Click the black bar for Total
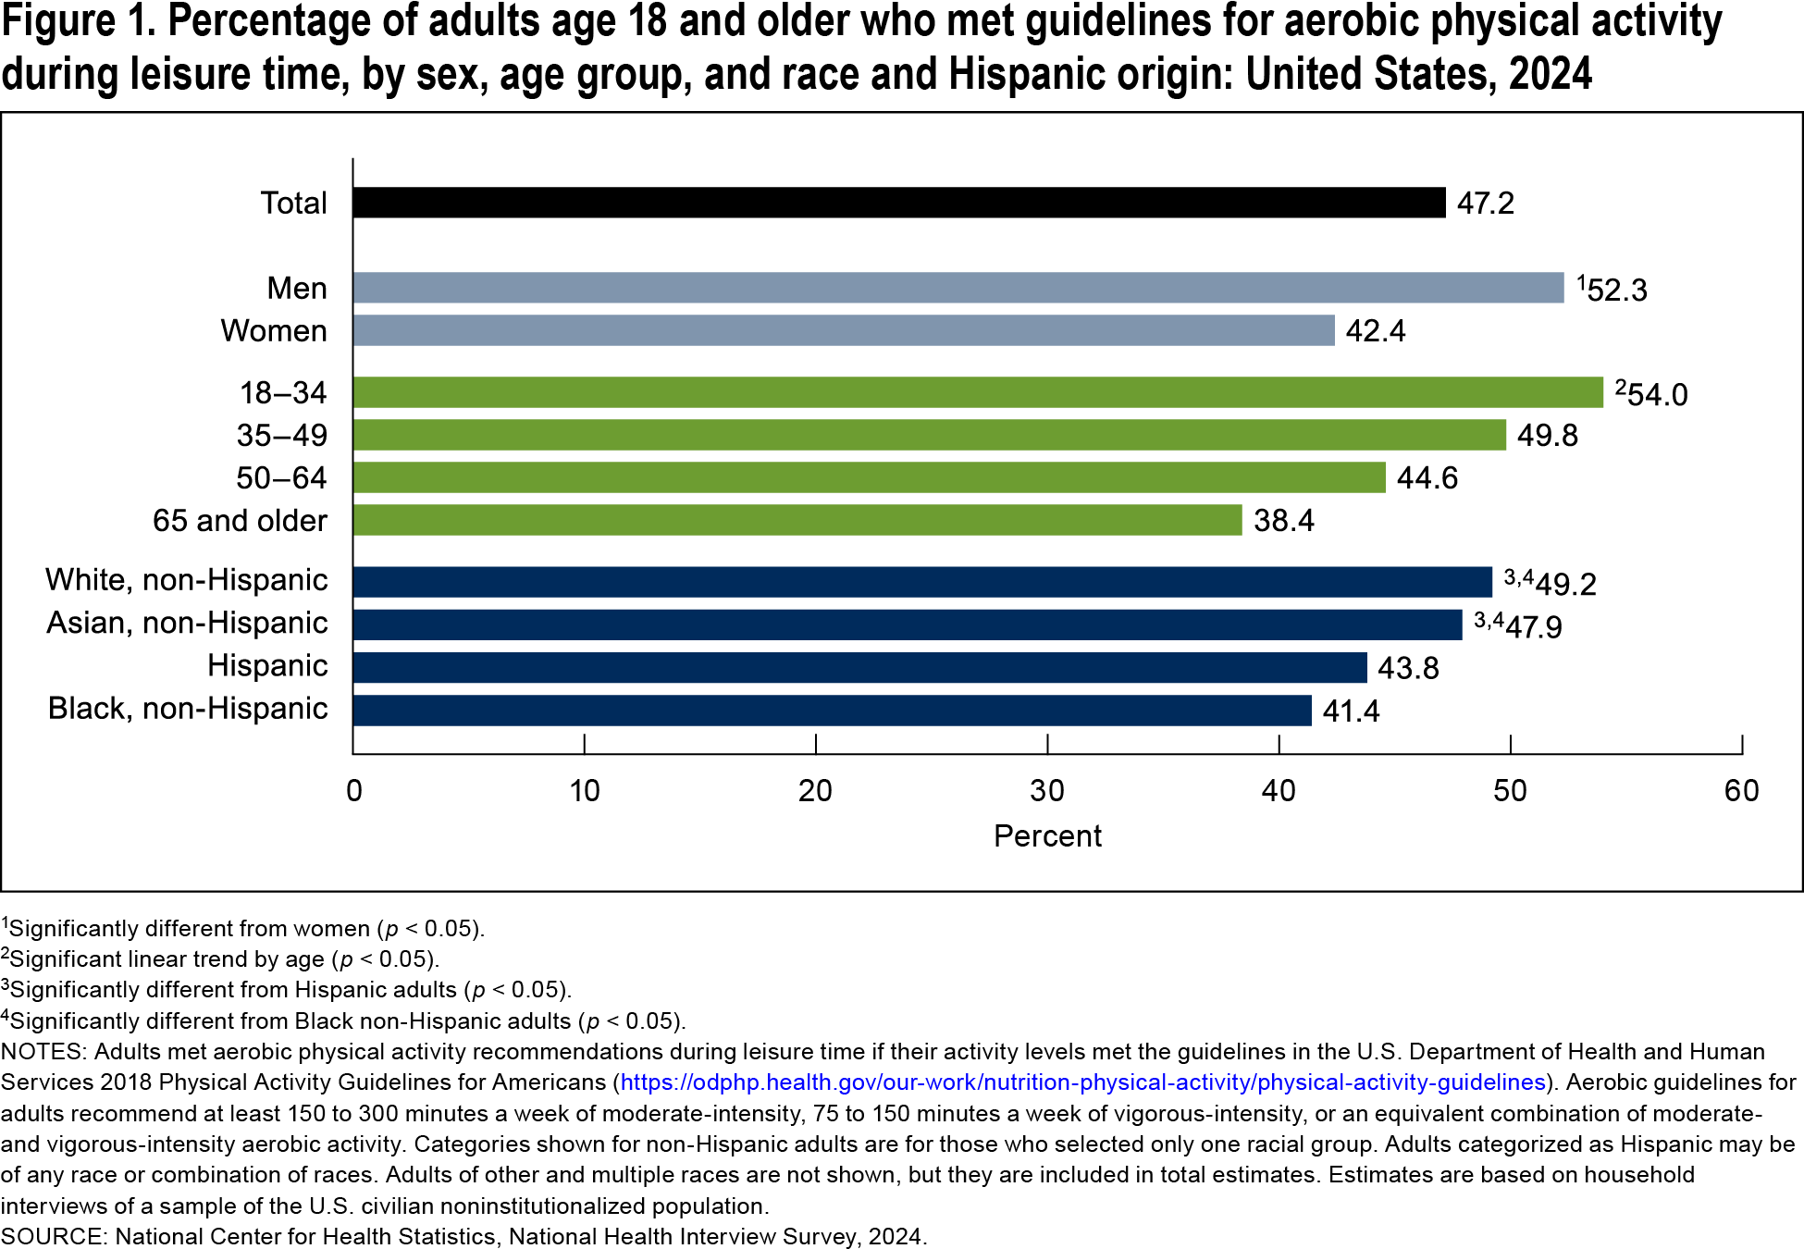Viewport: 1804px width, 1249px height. coord(897,203)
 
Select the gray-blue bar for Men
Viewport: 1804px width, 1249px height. coord(958,288)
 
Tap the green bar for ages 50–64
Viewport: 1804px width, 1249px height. coord(869,477)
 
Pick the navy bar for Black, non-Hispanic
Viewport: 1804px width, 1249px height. coord(832,711)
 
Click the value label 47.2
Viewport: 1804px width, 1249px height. coord(1485,204)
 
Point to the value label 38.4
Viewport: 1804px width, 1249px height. coord(1283,521)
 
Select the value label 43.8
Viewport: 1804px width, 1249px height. coord(1407,668)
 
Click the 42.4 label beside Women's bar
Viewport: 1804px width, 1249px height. coord(1375,331)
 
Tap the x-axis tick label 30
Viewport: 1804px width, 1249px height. coord(1046,791)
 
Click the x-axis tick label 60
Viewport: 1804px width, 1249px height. coord(1741,791)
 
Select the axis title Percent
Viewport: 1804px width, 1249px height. coord(1046,836)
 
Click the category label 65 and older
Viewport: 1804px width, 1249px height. coord(240,521)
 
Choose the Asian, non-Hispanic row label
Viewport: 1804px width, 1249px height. coord(187,623)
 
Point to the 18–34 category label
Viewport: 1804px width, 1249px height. coord(282,393)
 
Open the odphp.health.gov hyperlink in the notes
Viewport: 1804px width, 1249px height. coord(1082,1082)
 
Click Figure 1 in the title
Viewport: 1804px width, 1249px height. coord(78,22)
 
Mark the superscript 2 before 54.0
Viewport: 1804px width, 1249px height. coord(1620,387)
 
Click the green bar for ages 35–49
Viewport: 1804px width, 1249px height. coord(929,435)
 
